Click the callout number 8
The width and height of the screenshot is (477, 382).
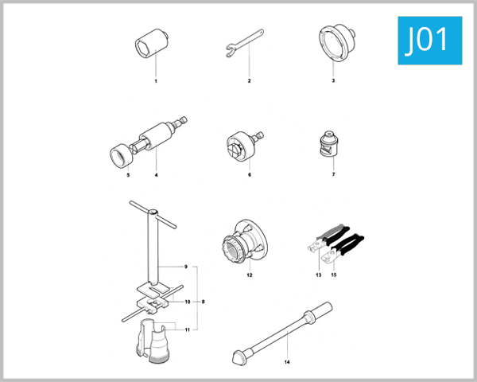pyautogui.click(x=204, y=302)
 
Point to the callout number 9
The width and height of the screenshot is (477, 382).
pyautogui.click(x=184, y=265)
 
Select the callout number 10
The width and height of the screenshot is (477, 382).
pyautogui.click(x=188, y=302)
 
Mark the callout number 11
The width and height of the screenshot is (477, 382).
pyautogui.click(x=188, y=329)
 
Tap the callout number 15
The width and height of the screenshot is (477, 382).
pyautogui.click(x=334, y=275)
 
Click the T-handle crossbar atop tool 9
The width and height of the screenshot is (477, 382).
pyautogui.click(x=145, y=210)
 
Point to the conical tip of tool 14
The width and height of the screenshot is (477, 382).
pyautogui.click(x=236, y=355)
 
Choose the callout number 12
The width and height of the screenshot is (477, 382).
pyautogui.click(x=249, y=275)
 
